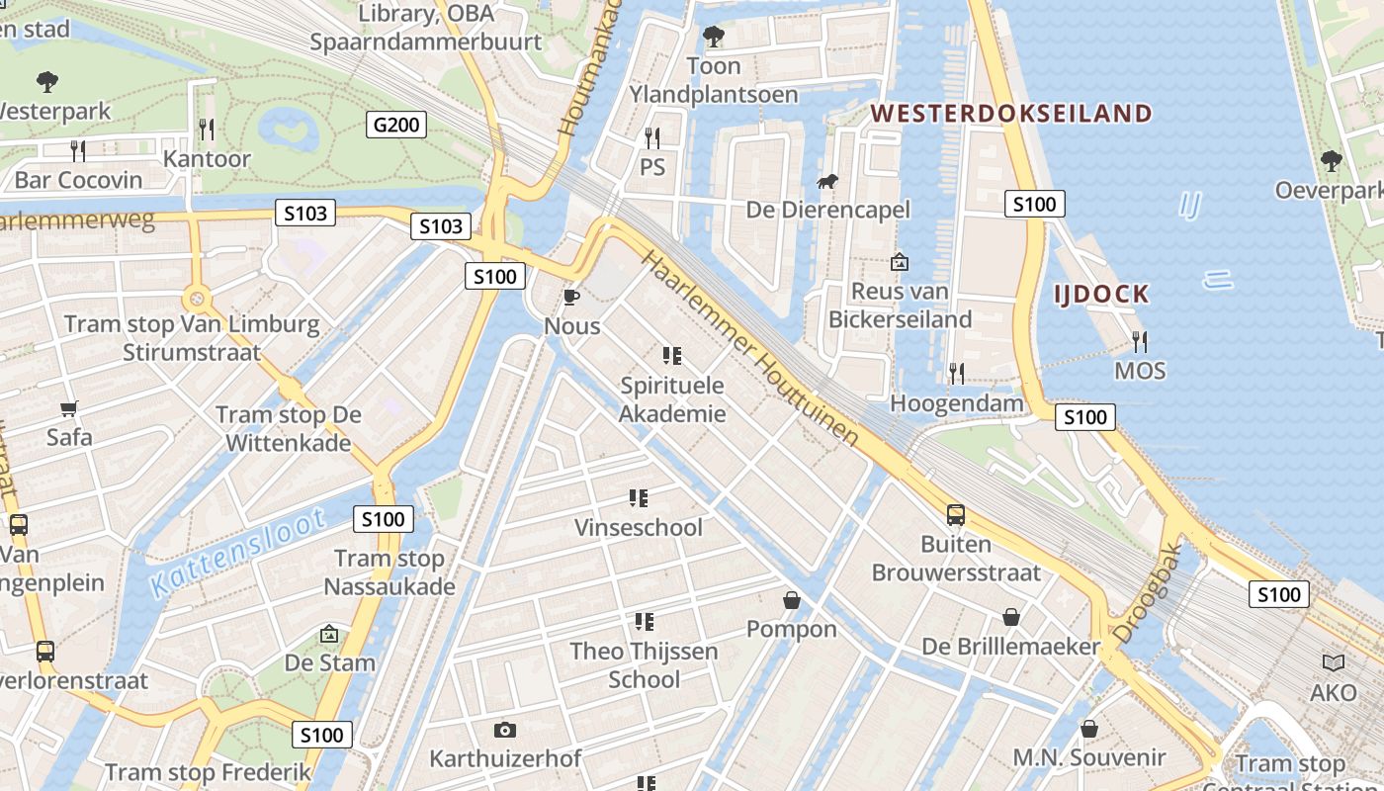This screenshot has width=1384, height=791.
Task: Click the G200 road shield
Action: click(396, 125)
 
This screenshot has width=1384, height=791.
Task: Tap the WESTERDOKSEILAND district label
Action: click(1011, 113)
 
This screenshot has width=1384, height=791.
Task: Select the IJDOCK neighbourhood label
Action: click(1100, 294)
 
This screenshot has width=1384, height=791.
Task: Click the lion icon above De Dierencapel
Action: click(827, 181)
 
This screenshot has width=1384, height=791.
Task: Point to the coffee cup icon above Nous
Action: click(570, 297)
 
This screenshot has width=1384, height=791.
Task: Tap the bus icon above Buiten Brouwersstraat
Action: click(956, 514)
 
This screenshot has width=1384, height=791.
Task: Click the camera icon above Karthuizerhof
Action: click(505, 730)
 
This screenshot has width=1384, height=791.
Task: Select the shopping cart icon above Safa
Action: click(69, 408)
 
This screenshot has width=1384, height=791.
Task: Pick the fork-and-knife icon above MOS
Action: click(1140, 342)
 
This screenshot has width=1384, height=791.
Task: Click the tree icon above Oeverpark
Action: click(1331, 160)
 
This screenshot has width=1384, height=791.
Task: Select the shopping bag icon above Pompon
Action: click(792, 599)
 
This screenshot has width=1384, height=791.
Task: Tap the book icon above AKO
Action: click(1333, 662)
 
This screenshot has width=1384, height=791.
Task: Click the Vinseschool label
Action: click(639, 527)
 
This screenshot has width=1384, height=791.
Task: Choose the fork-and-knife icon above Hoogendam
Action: click(956, 373)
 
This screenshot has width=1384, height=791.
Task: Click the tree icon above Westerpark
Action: click(46, 81)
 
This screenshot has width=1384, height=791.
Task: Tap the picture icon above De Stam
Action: click(329, 634)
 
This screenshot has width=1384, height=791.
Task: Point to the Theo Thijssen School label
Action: click(644, 664)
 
